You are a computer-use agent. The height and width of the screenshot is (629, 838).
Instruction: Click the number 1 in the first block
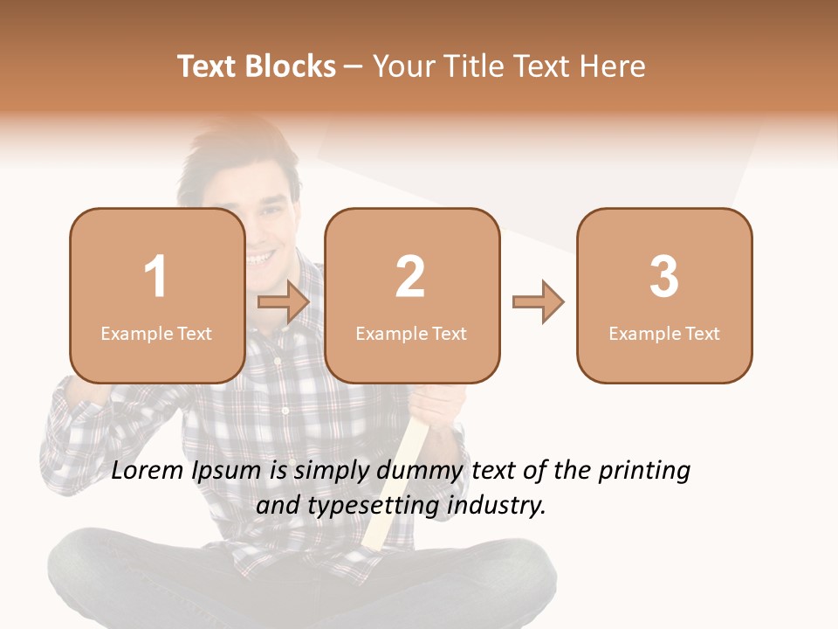pos(156,277)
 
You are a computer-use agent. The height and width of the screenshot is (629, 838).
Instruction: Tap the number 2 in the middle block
pos(410,277)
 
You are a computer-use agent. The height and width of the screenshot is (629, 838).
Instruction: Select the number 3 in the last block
pos(664,277)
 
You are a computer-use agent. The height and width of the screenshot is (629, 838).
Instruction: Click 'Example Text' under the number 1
pos(156,333)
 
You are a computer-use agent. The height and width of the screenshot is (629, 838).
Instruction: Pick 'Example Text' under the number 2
pos(411,333)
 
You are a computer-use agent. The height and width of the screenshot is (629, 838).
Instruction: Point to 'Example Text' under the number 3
pos(664,333)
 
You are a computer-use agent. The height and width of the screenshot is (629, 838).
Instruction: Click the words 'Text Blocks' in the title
pos(257,66)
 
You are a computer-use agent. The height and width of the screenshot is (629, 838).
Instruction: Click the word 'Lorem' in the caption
pos(148,471)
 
